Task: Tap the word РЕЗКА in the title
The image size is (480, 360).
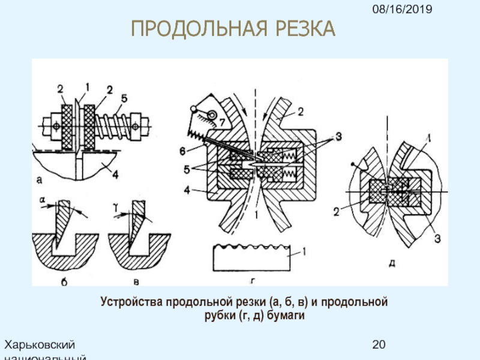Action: [304, 28]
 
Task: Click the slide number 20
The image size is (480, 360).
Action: [379, 344]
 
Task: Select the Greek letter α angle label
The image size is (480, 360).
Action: [42, 199]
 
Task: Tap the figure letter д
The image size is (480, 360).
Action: [392, 262]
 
